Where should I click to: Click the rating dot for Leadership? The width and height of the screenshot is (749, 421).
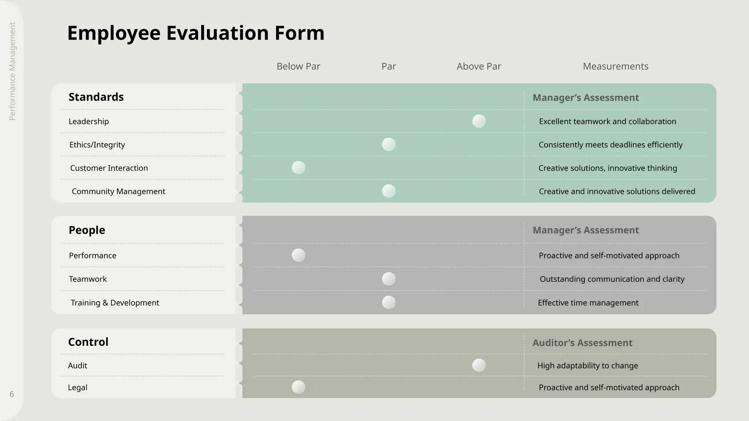(x=479, y=121)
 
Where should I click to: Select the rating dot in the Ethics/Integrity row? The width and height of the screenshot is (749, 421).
(x=388, y=144)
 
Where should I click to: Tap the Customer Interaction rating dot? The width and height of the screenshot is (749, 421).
(x=298, y=168)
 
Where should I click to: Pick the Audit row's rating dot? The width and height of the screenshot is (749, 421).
(x=479, y=365)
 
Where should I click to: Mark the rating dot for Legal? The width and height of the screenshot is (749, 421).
(x=298, y=387)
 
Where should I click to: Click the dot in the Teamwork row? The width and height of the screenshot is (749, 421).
(x=388, y=279)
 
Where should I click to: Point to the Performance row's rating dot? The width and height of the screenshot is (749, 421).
(x=298, y=255)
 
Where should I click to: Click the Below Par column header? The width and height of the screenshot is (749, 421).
(x=298, y=66)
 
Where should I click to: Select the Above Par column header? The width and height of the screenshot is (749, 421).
(x=479, y=66)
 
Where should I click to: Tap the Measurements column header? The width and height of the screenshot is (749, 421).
(x=616, y=66)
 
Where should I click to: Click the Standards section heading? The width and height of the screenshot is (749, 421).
(x=96, y=97)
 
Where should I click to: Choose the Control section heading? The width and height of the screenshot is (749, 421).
(x=88, y=342)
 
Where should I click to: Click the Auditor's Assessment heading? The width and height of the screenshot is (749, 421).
(x=582, y=343)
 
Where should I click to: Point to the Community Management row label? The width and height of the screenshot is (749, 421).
(x=118, y=191)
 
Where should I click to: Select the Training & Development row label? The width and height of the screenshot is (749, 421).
(x=115, y=303)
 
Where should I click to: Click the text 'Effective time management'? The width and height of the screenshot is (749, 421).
(x=588, y=303)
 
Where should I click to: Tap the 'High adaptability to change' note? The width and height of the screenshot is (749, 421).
(x=587, y=365)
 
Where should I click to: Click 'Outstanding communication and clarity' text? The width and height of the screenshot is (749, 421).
(x=612, y=279)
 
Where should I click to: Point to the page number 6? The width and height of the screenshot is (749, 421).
(x=12, y=394)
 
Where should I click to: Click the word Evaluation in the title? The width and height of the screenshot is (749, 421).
(x=218, y=33)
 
